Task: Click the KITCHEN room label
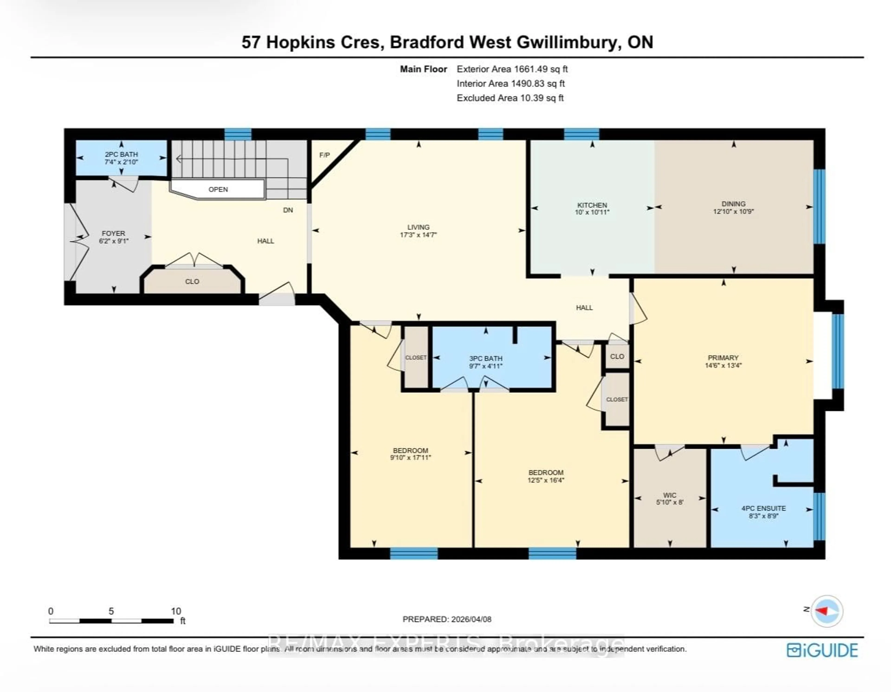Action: tap(592, 205)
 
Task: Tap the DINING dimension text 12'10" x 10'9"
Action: tap(733, 211)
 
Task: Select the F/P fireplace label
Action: tap(324, 155)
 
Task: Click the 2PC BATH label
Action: tap(121, 154)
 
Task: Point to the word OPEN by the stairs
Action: tap(218, 189)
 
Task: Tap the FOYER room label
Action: tap(113, 233)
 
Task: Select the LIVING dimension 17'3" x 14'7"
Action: tap(418, 235)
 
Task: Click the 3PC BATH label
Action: tap(485, 358)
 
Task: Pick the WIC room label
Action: tap(669, 495)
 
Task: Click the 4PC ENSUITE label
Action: tap(763, 508)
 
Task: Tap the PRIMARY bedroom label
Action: tap(723, 358)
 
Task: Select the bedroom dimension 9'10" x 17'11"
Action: tap(410, 458)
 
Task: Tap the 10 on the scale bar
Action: tap(176, 611)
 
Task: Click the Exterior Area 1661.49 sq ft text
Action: tap(512, 69)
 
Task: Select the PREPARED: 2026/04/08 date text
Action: tap(447, 619)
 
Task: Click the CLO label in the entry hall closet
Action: tap(192, 281)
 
